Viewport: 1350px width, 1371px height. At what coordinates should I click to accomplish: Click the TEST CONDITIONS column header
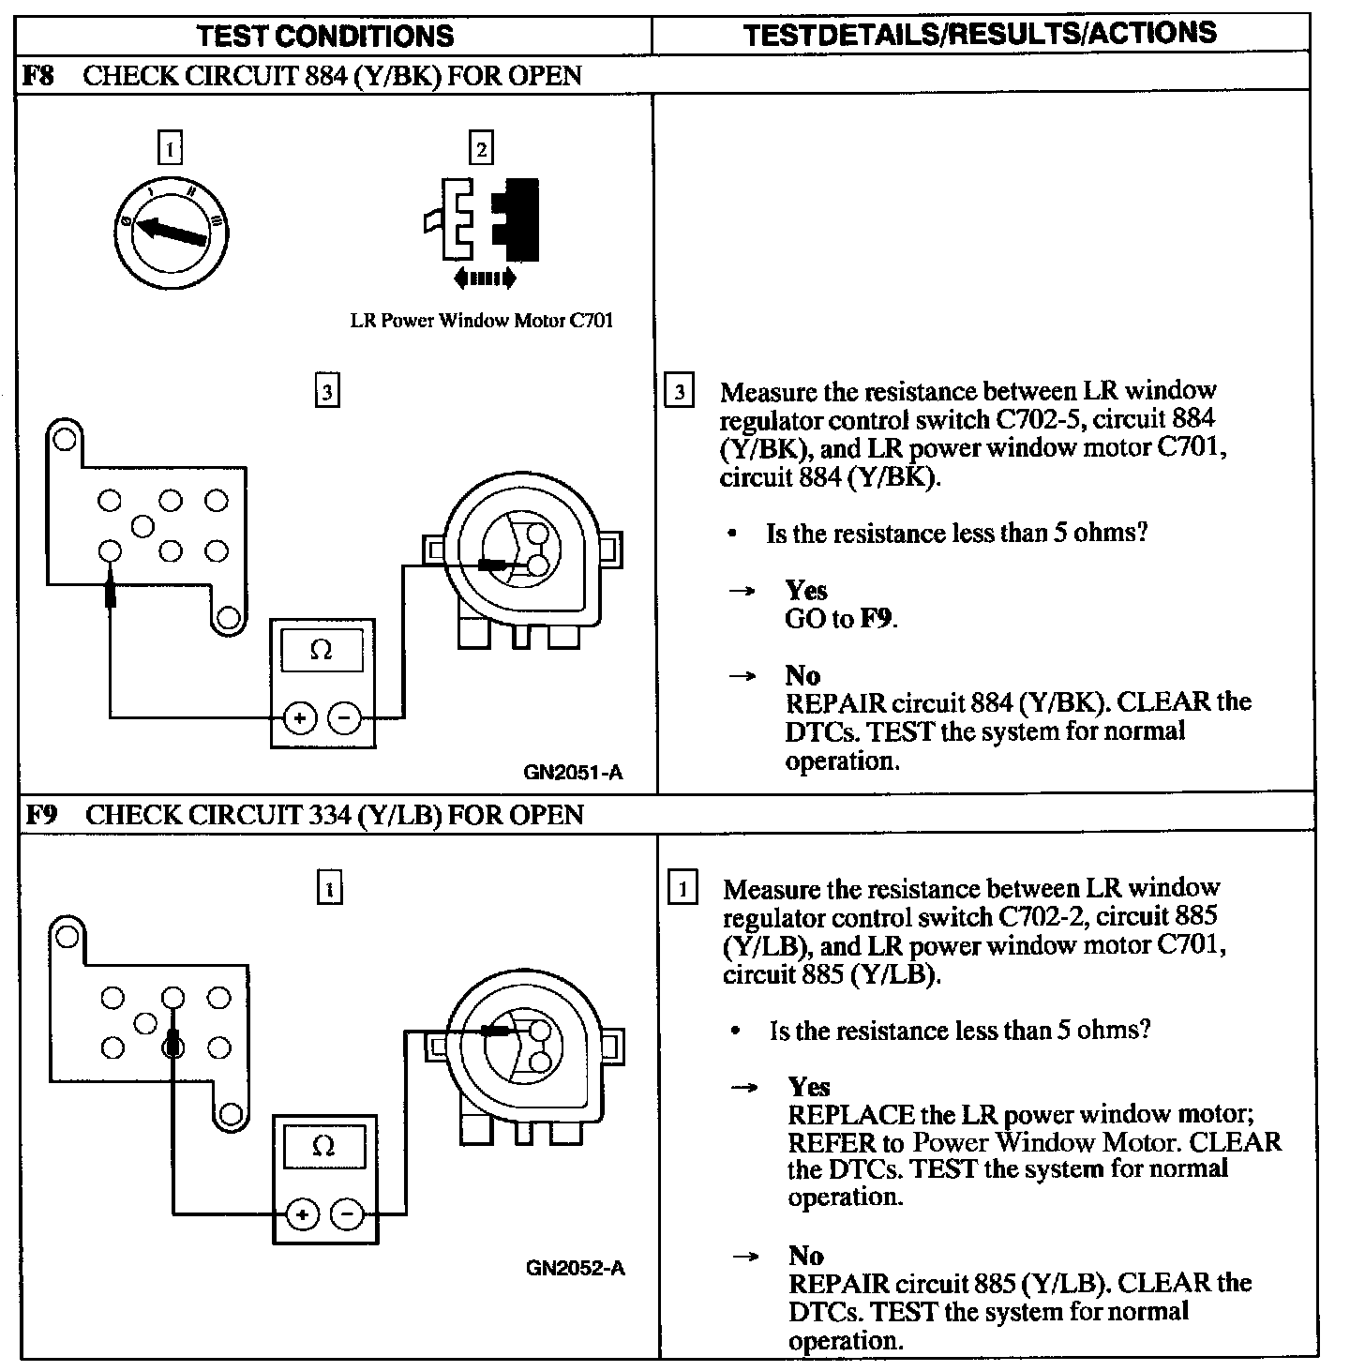coord(325,36)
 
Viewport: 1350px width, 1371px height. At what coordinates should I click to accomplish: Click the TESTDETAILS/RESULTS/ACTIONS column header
coord(980,34)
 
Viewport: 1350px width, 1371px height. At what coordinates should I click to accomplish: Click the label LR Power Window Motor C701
coord(482,321)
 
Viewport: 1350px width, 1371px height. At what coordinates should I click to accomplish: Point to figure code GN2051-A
coord(574,773)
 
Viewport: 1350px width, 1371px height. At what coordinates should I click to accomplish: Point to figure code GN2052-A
coord(576,1269)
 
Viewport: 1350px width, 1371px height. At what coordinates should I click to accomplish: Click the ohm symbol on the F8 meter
coord(322,650)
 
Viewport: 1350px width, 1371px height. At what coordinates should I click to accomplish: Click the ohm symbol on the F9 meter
coord(323,1146)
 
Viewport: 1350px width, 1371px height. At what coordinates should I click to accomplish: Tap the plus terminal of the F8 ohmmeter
coord(300,719)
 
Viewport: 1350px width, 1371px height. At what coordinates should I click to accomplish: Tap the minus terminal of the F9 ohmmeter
coord(347,1215)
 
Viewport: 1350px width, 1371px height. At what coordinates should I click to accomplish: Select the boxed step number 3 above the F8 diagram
coord(326,391)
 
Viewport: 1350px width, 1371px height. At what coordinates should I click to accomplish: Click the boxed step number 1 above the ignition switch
coord(170,148)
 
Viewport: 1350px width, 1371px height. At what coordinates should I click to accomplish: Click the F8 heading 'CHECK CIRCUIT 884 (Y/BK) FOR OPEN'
coord(333,75)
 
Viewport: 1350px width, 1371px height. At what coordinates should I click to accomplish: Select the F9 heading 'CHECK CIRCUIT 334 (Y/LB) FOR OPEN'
coord(335,814)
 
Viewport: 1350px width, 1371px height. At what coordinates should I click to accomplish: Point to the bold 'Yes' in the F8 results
coord(806,590)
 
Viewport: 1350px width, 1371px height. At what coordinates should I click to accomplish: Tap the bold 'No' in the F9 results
coord(806,1256)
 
